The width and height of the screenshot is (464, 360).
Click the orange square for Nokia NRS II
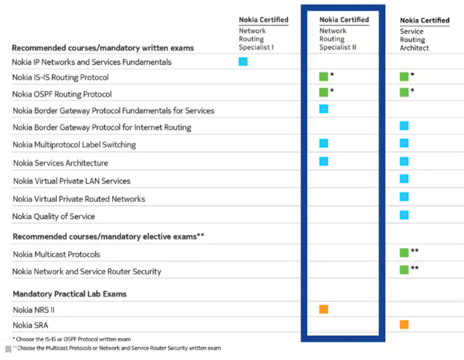[323, 309]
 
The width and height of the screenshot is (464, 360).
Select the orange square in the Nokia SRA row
[404, 325]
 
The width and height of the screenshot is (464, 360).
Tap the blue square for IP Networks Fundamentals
[243, 62]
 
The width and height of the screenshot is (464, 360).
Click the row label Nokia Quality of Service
[54, 216]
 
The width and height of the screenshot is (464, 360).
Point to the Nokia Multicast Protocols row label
[57, 254]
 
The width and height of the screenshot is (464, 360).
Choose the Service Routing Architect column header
[424, 34]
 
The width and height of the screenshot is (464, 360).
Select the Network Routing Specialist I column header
[263, 33]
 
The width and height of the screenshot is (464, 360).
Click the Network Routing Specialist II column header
[344, 33]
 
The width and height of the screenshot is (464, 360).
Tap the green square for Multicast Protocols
[404, 253]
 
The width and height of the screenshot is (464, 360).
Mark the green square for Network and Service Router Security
[404, 269]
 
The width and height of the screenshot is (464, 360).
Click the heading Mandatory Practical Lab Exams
[69, 294]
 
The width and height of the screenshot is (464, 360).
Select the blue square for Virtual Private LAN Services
[404, 179]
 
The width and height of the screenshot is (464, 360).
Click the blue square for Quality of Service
[404, 215]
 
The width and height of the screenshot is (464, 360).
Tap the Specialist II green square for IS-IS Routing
[323, 76]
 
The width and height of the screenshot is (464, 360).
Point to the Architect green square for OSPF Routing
[404, 92]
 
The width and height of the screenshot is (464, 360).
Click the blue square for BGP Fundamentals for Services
[323, 109]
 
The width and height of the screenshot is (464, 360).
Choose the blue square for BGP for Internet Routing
[404, 126]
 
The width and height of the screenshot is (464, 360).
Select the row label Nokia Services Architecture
[61, 163]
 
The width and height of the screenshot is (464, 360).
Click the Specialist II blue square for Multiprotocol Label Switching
[323, 143]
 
